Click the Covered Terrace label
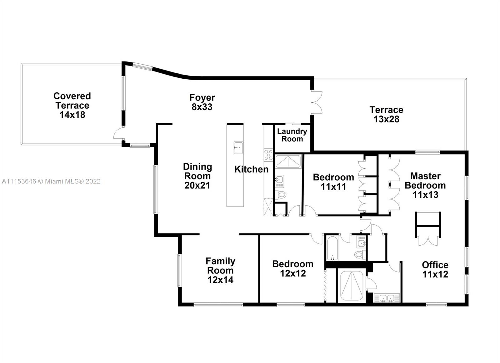(x=72, y=105)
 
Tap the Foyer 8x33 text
(x=202, y=102)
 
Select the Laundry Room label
(x=292, y=135)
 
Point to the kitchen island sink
(x=238, y=148)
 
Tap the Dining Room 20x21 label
(x=197, y=176)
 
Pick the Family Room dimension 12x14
(x=220, y=280)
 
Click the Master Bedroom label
(x=425, y=185)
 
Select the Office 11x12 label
(x=435, y=270)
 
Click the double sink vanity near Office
(x=387, y=298)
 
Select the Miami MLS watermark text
(x=51, y=181)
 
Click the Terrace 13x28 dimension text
(x=386, y=119)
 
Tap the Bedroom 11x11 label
(x=333, y=182)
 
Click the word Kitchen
(x=251, y=169)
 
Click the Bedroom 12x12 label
(x=292, y=269)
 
